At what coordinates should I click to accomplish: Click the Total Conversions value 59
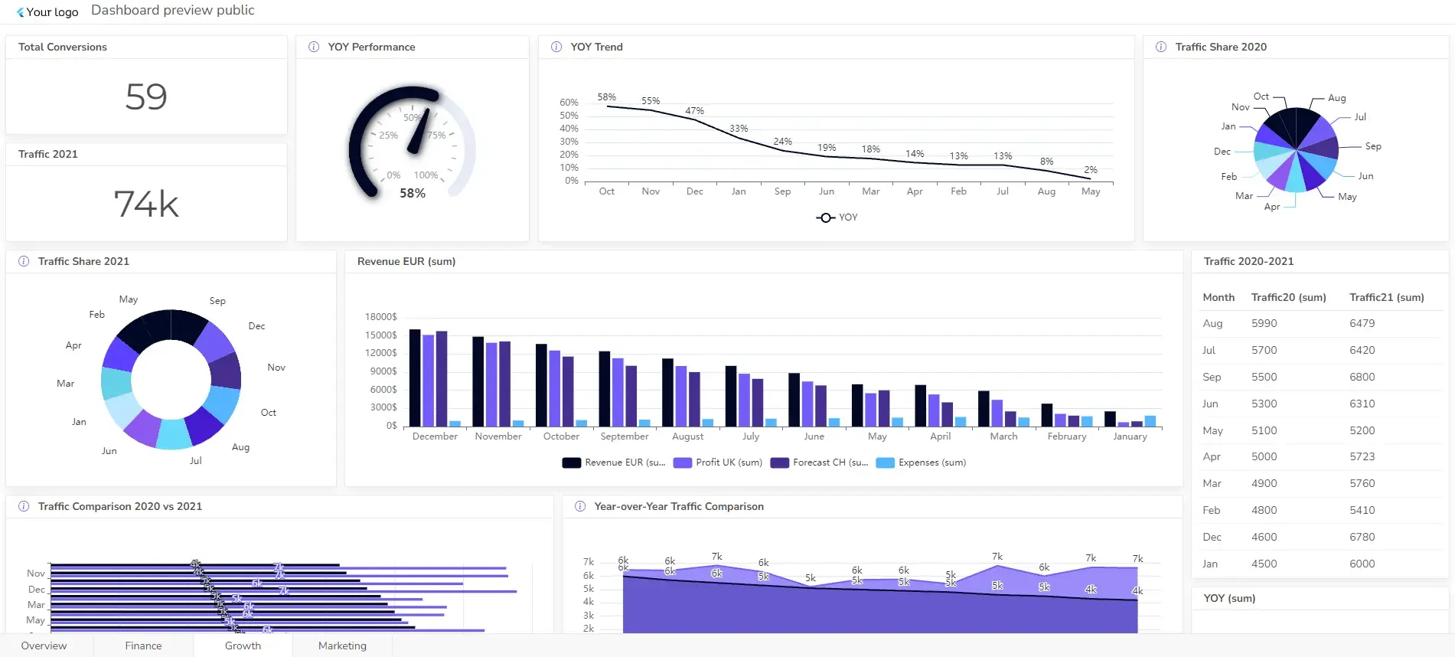[146, 97]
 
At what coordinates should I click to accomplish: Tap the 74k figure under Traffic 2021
[146, 204]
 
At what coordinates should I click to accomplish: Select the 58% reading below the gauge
[413, 194]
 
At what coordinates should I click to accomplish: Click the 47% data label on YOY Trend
[694, 111]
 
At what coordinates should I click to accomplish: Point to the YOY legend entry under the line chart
[837, 217]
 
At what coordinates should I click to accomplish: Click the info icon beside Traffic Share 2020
[1161, 47]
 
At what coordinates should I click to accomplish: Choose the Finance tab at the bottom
[143, 646]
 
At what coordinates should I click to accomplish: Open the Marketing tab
[342, 646]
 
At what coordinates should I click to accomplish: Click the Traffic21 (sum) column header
[1386, 297]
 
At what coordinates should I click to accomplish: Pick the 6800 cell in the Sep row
[1362, 377]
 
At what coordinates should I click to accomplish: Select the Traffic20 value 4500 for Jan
[1264, 564]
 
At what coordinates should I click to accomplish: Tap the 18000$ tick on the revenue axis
[381, 317]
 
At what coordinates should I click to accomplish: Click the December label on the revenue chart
[435, 436]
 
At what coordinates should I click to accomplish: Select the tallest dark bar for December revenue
[415, 378]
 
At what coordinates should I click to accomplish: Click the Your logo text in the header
[52, 12]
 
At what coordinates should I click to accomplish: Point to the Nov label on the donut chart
[276, 368]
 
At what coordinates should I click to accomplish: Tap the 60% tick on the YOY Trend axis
[569, 103]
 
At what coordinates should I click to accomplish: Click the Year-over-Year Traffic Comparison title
[679, 506]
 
